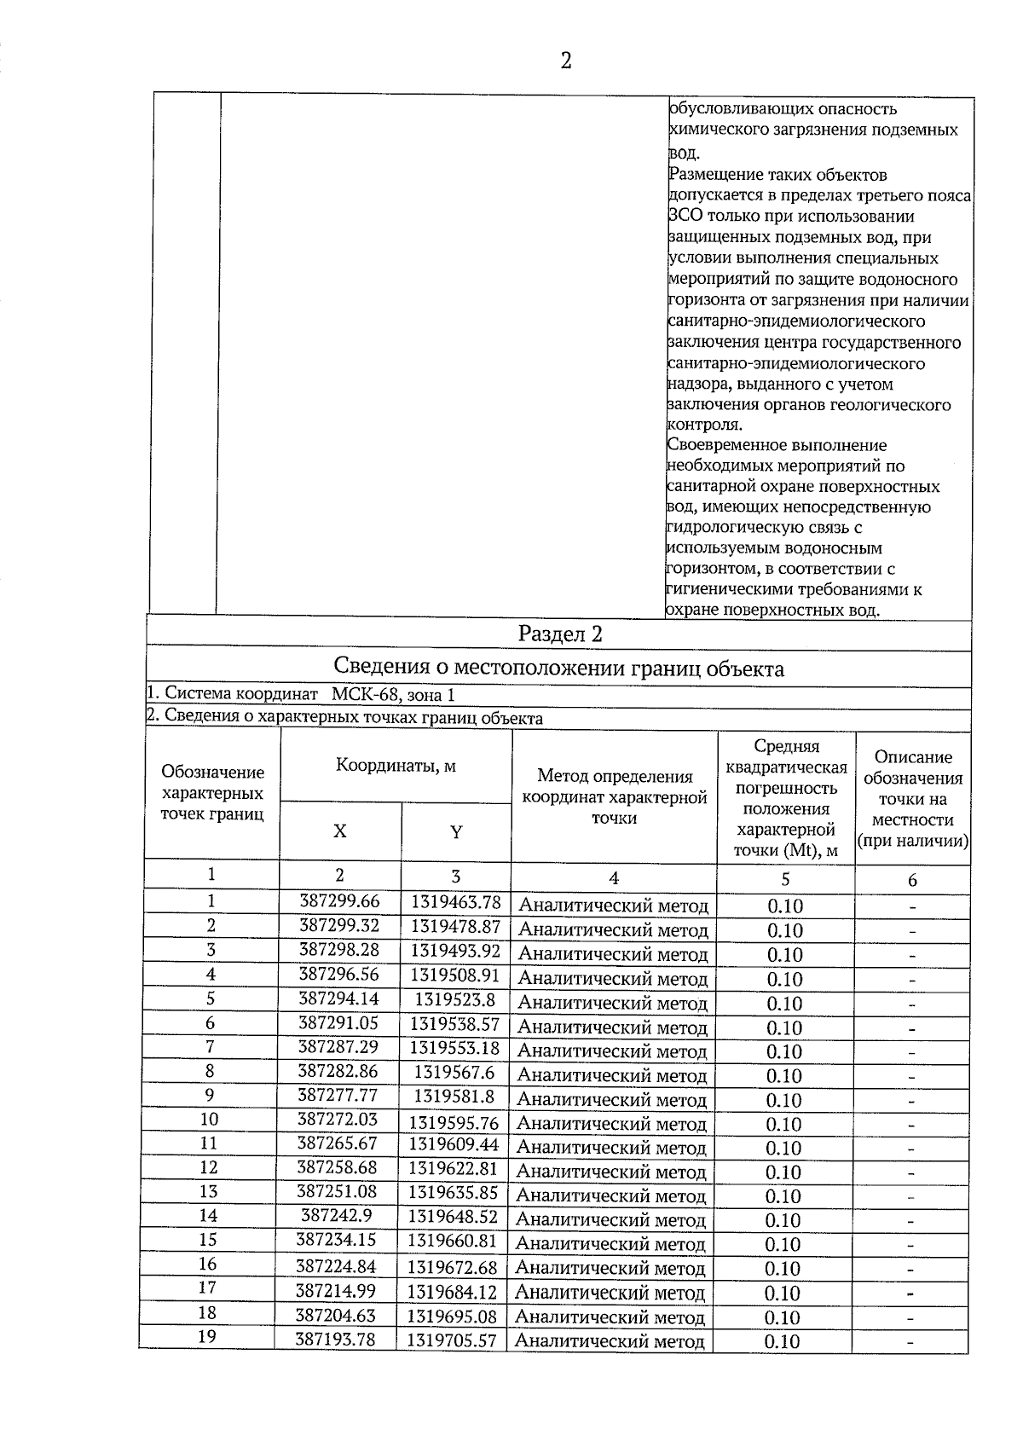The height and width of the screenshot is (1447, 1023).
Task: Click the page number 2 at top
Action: point(564,61)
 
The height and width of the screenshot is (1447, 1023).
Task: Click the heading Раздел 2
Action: point(560,634)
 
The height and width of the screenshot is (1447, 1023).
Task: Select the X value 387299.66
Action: point(339,901)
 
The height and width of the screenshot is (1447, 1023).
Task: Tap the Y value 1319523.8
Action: point(455,999)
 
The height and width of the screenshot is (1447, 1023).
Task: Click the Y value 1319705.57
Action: point(451,1340)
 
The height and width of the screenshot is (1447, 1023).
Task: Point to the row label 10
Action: point(209,1119)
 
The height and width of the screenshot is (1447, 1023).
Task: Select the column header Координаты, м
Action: point(396,766)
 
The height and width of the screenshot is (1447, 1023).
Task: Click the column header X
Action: point(339,831)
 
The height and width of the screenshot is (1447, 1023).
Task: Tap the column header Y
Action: point(456,832)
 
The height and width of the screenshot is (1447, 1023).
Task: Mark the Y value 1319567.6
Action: point(454,1072)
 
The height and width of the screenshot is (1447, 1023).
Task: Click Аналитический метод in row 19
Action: point(610,1342)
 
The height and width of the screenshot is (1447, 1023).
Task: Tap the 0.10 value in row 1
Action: point(785,906)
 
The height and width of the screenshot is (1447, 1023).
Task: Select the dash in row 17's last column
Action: point(910,1294)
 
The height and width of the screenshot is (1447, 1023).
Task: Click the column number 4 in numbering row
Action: point(613,877)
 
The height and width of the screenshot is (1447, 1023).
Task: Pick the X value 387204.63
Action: point(335,1316)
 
